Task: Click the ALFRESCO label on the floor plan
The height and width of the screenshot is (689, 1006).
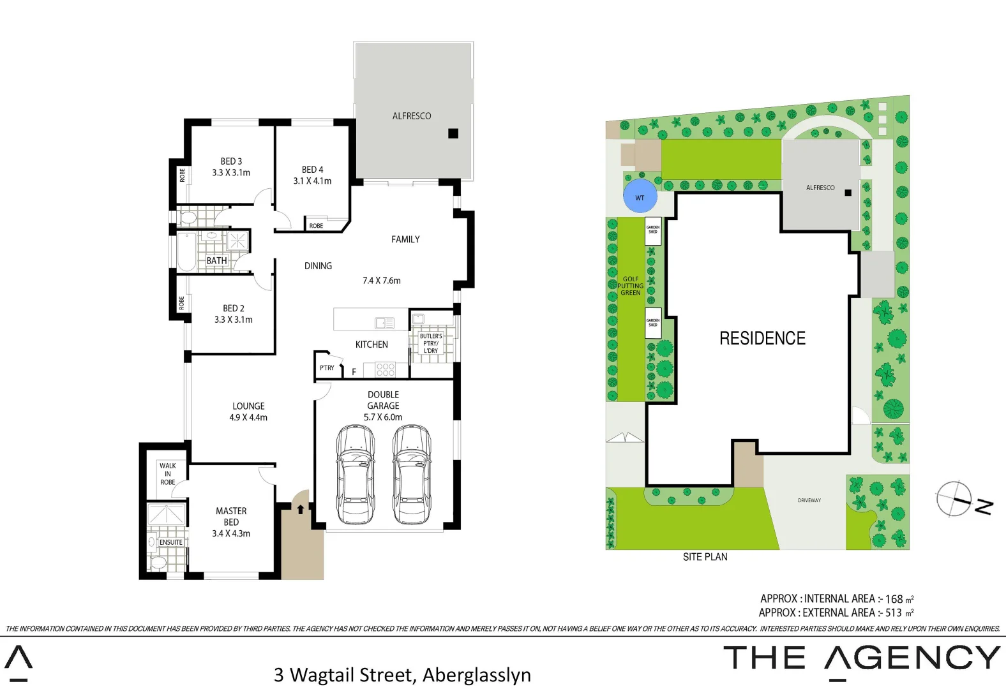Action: (412, 116)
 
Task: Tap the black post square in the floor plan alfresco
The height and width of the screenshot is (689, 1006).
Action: (453, 133)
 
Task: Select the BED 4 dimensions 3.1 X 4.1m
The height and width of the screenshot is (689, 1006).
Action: (312, 181)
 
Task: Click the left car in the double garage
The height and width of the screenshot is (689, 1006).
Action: (356, 475)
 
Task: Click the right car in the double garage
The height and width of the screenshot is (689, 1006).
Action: (412, 475)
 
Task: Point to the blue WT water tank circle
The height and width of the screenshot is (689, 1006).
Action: (640, 197)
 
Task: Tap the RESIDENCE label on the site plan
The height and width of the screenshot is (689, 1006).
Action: (762, 338)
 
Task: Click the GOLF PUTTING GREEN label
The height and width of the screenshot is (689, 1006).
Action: (630, 286)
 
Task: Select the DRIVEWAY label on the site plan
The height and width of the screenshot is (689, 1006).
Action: (809, 500)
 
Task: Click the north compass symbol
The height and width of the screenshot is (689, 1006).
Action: (955, 498)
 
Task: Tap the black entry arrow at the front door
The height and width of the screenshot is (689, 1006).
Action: (300, 509)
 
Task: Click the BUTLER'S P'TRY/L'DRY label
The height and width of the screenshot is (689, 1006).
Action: (431, 343)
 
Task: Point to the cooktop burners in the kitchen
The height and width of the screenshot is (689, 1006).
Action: (385, 369)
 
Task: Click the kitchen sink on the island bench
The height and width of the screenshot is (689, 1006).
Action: (384, 323)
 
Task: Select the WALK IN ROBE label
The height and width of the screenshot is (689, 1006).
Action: (168, 474)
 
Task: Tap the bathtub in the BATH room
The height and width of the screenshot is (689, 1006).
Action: (186, 252)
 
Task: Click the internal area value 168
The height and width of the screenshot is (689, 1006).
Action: (894, 599)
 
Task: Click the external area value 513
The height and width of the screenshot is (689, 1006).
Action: (893, 613)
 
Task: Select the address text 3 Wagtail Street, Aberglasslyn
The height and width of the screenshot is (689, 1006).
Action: (402, 674)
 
